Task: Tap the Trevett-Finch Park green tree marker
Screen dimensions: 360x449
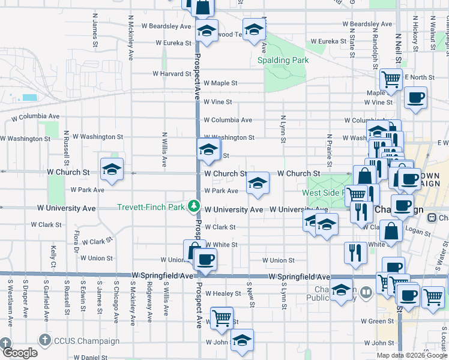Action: pyautogui.click(x=193, y=206)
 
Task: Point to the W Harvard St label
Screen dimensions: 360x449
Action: pyautogui.click(x=171, y=74)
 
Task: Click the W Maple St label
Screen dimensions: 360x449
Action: pyautogui.click(x=220, y=83)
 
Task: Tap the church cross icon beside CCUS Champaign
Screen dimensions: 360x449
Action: pyautogui.click(x=44, y=339)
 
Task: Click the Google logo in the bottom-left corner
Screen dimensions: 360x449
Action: pyautogui.click(x=19, y=353)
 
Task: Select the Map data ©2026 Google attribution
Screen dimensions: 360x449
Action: pyautogui.click(x=412, y=355)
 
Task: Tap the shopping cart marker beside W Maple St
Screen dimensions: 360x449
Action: pyautogui.click(x=391, y=79)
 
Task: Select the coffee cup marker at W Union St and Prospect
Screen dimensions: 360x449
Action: pyautogui.click(x=205, y=259)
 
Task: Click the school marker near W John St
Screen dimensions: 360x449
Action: pyautogui.click(x=242, y=340)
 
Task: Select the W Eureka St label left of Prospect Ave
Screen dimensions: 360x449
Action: pyautogui.click(x=173, y=43)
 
